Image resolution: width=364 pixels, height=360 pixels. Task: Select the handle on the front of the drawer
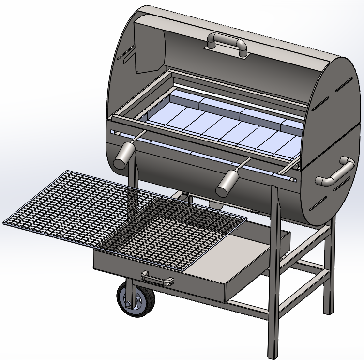tap(157, 277)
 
